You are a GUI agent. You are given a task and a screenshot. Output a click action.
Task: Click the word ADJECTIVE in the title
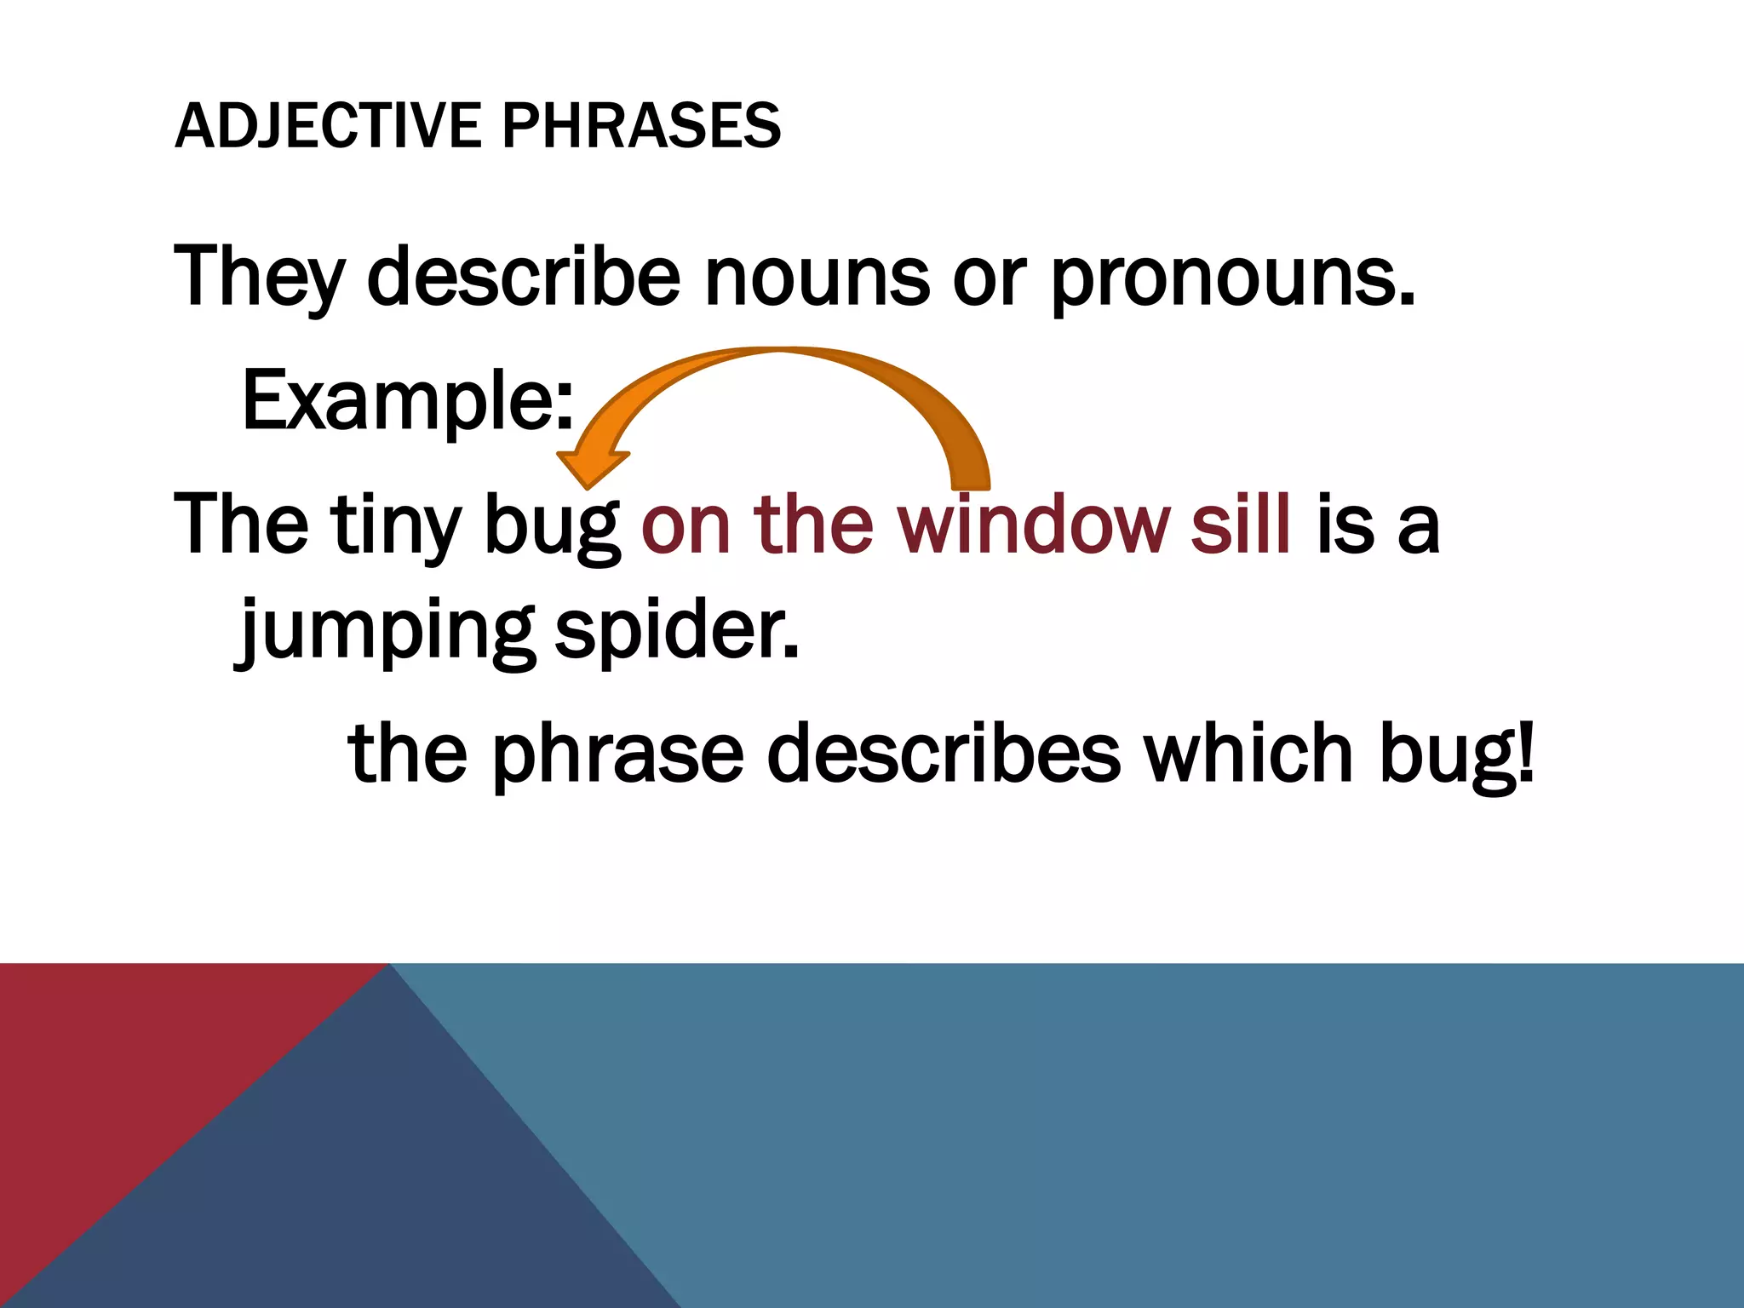327,126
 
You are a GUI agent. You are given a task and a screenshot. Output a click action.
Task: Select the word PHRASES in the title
640,126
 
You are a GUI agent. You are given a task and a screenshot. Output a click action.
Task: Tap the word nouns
817,278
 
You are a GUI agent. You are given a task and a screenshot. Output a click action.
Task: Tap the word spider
677,632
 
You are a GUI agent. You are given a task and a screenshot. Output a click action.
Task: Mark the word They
259,278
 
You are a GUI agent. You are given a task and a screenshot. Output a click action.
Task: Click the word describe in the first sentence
525,276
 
